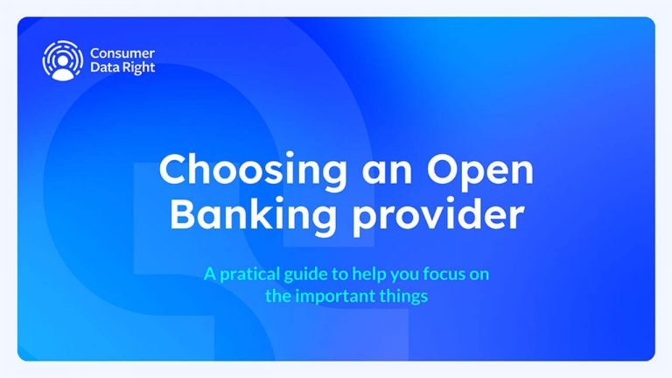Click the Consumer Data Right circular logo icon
click(62, 60)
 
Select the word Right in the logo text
click(137, 69)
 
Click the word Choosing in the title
click(231, 171)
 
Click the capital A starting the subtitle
click(209, 274)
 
